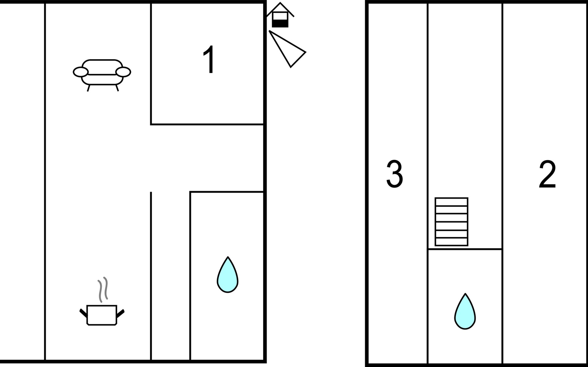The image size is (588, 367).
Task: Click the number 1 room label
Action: (209, 60)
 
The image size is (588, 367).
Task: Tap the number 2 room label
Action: (547, 174)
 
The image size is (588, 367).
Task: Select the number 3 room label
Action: (394, 174)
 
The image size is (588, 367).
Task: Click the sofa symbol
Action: (102, 73)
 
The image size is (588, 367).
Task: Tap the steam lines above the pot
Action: (103, 289)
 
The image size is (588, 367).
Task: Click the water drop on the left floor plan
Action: (228, 275)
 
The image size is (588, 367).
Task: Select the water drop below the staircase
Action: (465, 312)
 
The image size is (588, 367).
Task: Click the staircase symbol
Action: (451, 222)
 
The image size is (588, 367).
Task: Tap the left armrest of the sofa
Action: (81, 72)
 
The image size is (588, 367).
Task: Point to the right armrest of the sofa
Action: (123, 72)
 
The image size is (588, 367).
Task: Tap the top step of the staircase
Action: (451, 202)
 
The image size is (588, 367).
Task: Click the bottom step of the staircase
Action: (451, 242)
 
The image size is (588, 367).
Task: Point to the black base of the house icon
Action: (280, 23)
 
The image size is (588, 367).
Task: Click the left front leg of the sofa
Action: (89, 88)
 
